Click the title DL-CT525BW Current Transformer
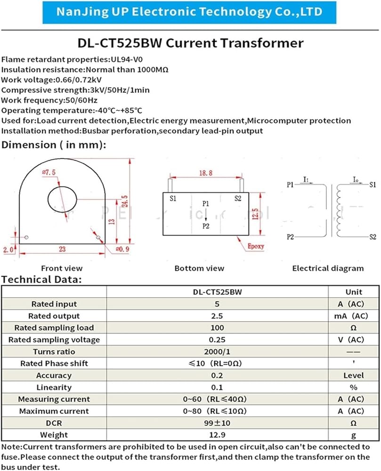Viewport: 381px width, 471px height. pos(190,43)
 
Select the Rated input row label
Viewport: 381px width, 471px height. pos(54,304)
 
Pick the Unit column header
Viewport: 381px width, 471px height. pos(354,292)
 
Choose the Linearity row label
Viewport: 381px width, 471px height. pos(54,387)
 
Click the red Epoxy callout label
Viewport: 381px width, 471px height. pos(256,246)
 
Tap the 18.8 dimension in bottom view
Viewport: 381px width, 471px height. pos(205,173)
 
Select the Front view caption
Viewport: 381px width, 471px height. pos(62,268)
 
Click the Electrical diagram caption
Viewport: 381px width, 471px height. pos(328,268)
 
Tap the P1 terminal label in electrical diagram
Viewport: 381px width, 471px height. pos(290,185)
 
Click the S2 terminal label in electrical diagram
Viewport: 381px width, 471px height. pos(372,236)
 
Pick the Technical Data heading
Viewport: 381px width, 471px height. pos(41,280)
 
